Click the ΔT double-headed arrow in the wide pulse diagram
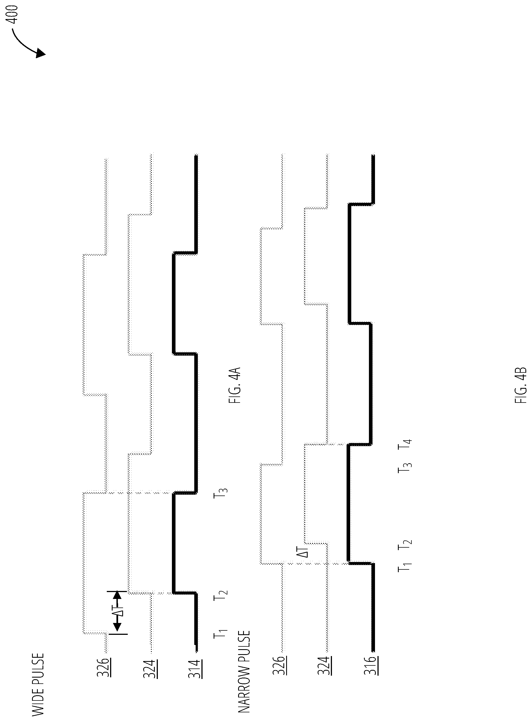pyautogui.click(x=117, y=613)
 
